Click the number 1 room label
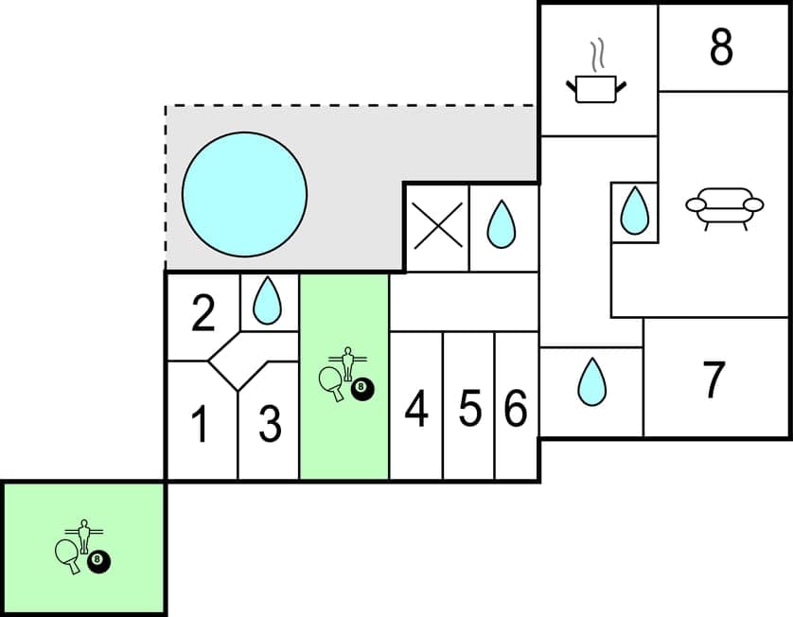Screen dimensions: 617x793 click(x=200, y=425)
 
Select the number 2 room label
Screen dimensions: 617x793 click(x=203, y=315)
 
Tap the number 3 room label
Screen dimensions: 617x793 click(x=270, y=425)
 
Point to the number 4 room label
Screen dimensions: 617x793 click(x=416, y=409)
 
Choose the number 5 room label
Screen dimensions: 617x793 click(x=469, y=409)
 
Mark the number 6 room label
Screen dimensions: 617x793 click(x=516, y=409)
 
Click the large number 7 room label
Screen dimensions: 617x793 click(x=714, y=379)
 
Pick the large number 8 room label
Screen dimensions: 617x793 click(x=721, y=48)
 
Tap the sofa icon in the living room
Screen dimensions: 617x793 click(x=724, y=208)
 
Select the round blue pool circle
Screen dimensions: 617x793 click(x=244, y=194)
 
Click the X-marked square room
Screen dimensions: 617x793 click(x=437, y=228)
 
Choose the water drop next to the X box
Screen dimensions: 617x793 click(x=502, y=225)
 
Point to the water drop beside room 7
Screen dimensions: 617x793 click(x=591, y=382)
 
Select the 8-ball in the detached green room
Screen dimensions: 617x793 click(x=98, y=560)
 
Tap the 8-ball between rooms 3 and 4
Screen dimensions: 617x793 click(x=361, y=387)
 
